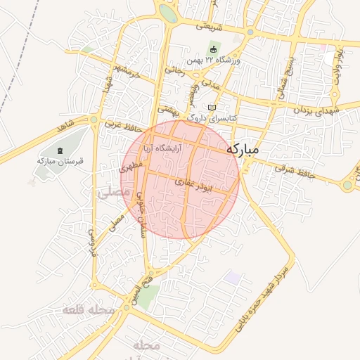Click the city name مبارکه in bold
(x=253, y=150)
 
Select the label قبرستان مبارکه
(x=60, y=161)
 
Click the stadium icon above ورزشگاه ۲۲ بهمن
(x=214, y=49)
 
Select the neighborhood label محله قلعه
(x=87, y=310)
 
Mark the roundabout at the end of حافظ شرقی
(x=347, y=185)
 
